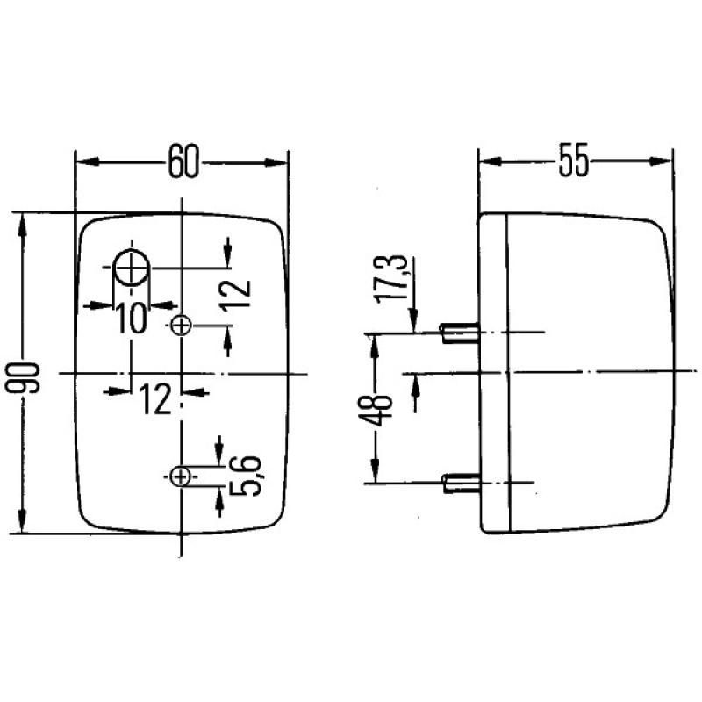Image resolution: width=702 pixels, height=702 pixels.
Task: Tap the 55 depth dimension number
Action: [575, 164]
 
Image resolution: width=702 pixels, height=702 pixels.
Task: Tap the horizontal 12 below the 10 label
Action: [154, 400]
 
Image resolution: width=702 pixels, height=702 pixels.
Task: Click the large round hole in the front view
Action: [132, 268]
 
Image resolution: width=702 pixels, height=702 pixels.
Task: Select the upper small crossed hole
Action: [182, 326]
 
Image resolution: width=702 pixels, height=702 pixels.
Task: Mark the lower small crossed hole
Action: [182, 476]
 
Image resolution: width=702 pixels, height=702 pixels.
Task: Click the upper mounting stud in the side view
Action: [458, 333]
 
